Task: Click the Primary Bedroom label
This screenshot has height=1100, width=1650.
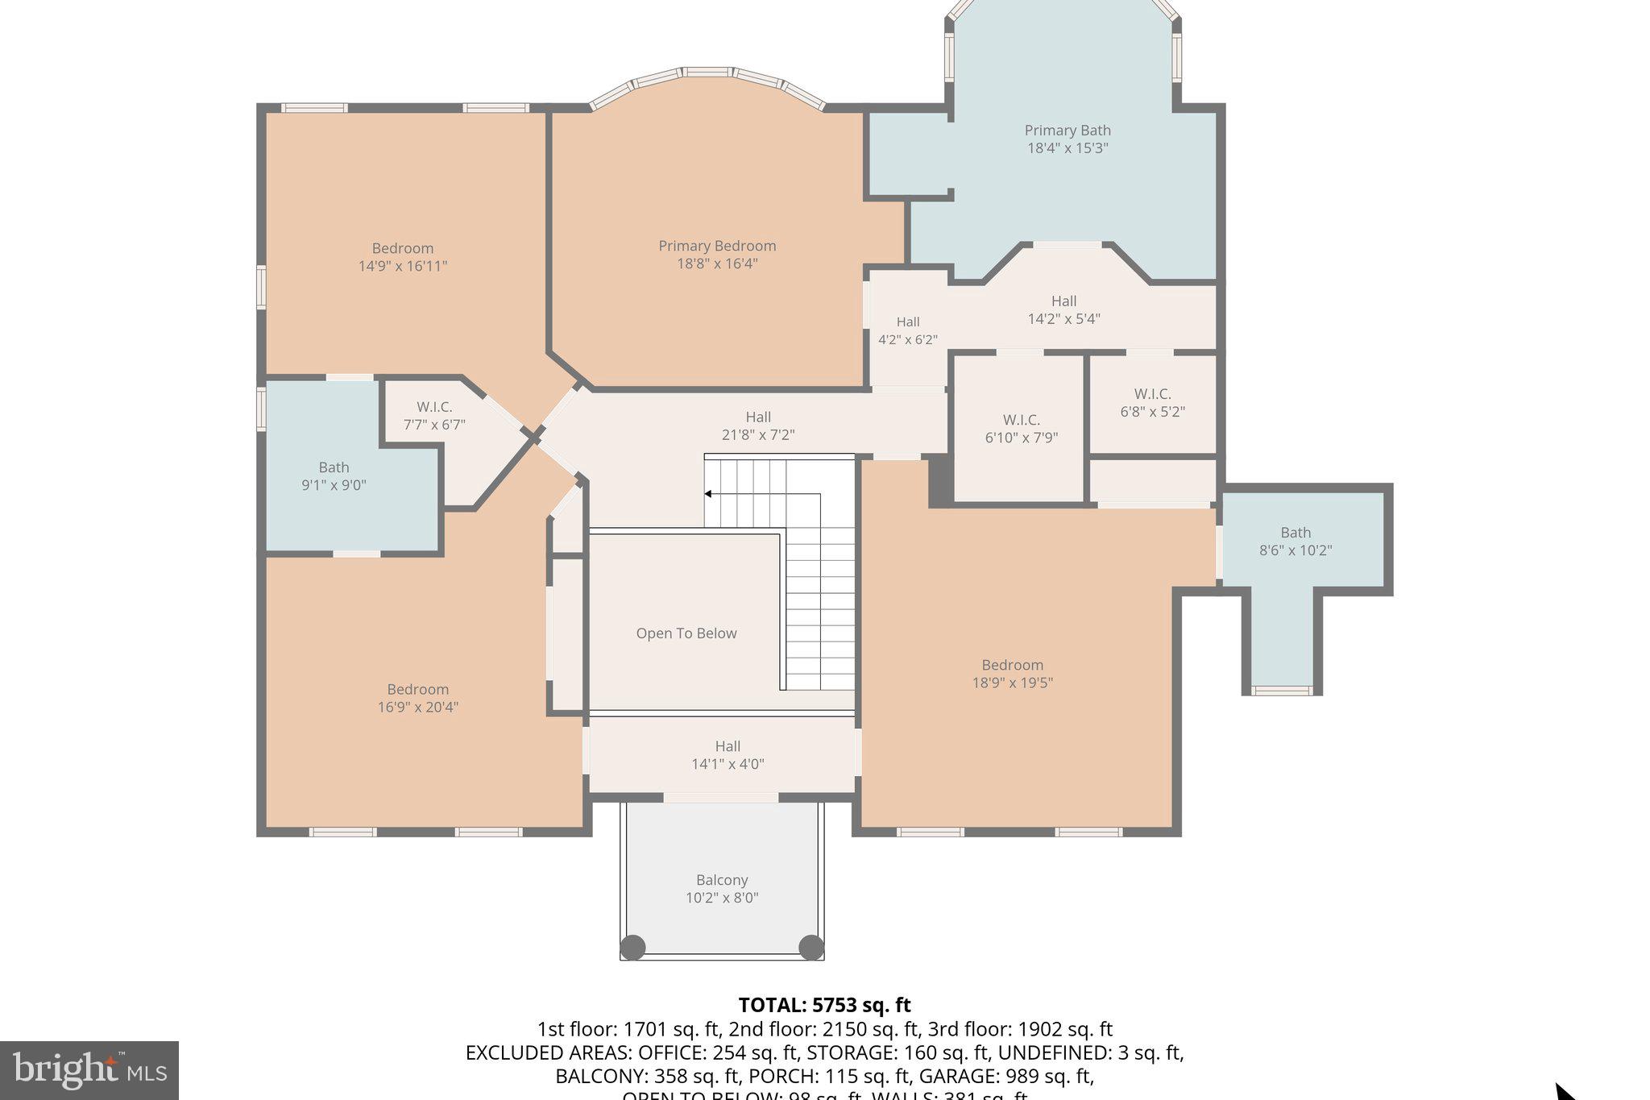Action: click(x=717, y=246)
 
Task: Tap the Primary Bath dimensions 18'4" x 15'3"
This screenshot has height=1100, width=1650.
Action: click(x=1068, y=148)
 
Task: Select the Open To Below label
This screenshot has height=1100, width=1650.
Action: click(x=686, y=633)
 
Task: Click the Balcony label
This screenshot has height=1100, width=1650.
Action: click(x=722, y=880)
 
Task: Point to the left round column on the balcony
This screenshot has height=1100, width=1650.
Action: click(x=632, y=947)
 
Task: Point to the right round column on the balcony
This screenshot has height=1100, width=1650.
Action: click(x=810, y=947)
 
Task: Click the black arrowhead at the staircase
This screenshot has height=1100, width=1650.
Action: click(x=707, y=494)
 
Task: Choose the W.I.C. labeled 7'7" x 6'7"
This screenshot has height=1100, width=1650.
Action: click(x=434, y=416)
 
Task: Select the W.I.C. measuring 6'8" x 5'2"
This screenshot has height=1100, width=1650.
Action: click(x=1152, y=402)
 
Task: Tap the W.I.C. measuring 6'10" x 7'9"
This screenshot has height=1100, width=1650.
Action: click(x=1021, y=429)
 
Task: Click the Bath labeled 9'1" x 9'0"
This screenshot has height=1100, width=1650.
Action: click(x=334, y=475)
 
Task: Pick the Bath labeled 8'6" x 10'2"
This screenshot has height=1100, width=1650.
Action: click(x=1296, y=541)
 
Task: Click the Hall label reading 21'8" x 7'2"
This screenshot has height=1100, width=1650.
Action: click(x=757, y=425)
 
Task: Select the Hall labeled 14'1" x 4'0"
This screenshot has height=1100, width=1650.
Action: click(x=728, y=755)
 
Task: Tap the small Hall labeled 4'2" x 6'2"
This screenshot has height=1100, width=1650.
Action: click(x=908, y=330)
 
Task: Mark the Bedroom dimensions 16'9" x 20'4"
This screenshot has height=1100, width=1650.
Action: click(x=417, y=708)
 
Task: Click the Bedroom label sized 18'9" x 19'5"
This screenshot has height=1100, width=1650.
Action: click(x=1012, y=665)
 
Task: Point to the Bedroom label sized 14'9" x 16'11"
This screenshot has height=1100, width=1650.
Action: click(x=402, y=248)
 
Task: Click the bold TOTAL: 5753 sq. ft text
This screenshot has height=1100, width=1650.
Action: click(x=824, y=1005)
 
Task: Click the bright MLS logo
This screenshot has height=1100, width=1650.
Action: click(x=89, y=1070)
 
